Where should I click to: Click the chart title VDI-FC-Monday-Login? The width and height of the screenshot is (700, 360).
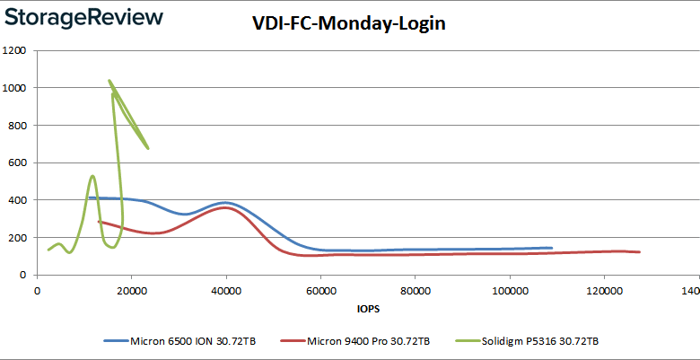click(349, 24)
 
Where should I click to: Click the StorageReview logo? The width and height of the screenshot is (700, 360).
click(83, 17)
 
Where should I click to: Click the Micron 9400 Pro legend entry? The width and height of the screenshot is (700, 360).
click(359, 341)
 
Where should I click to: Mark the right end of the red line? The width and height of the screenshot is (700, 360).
click(639, 252)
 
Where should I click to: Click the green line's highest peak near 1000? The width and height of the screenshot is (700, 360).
click(109, 81)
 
